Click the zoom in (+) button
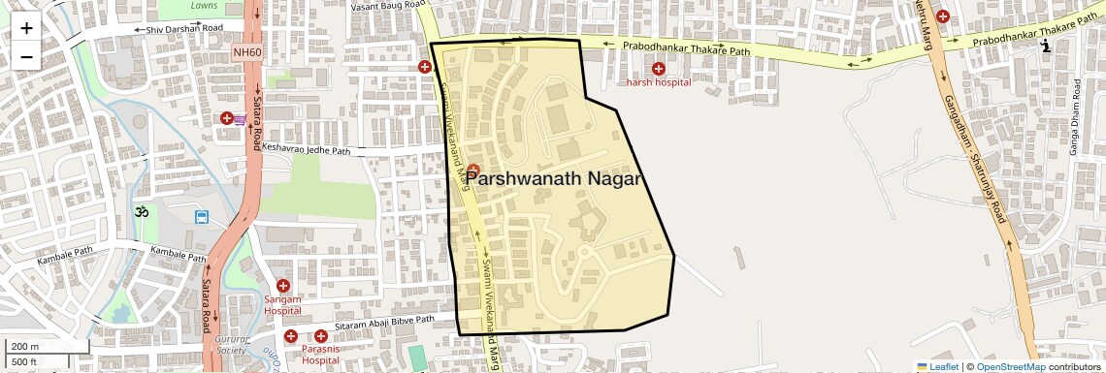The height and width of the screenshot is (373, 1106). click(26, 28)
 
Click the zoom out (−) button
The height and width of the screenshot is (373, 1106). click(26, 56)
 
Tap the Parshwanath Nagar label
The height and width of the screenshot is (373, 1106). click(554, 178)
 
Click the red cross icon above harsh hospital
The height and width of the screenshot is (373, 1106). click(659, 68)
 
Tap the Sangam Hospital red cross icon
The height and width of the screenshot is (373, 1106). click(283, 286)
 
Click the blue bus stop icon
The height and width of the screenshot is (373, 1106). click(202, 217)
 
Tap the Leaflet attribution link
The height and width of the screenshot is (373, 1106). click(938, 366)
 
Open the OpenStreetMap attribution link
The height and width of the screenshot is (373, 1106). click(1010, 366)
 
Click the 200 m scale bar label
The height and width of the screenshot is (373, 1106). click(26, 347)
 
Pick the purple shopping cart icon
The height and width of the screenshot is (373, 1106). click(239, 119)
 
